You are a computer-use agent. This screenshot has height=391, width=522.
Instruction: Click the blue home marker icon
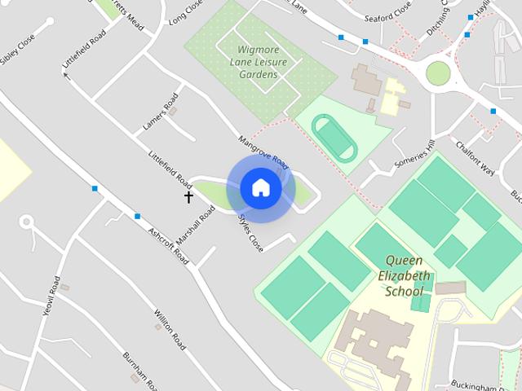tap(260, 187)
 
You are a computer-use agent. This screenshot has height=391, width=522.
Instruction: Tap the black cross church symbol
tap(188, 196)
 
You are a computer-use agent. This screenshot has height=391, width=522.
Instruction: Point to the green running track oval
tap(334, 135)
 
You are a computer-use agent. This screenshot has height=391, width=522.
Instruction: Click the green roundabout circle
tap(438, 73)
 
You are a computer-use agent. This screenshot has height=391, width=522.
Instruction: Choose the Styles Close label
tap(250, 232)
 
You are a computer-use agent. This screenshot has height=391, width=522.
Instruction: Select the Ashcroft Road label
tap(169, 245)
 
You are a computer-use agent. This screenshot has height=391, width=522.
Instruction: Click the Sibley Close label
tap(18, 50)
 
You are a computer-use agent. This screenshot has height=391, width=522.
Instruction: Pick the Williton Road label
tap(170, 330)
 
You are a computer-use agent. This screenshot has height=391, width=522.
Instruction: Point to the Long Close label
tap(185, 16)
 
